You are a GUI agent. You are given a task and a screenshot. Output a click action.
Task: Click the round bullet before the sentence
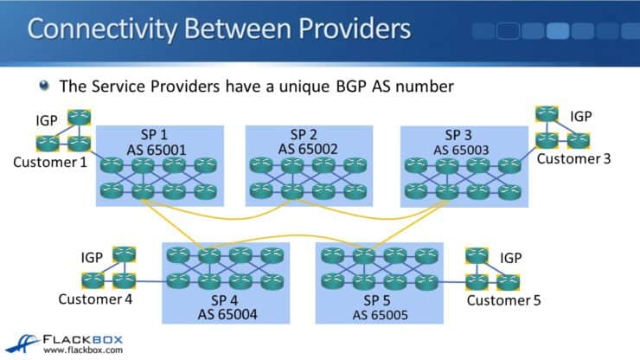click(x=44, y=87)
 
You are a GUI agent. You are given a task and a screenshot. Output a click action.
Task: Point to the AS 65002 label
click(x=309, y=149)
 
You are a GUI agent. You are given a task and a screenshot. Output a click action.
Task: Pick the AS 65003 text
click(x=464, y=149)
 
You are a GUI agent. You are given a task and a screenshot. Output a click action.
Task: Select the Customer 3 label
click(x=573, y=158)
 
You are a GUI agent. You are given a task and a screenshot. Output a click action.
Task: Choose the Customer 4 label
click(x=95, y=299)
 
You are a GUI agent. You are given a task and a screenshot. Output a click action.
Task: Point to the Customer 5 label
click(x=509, y=300)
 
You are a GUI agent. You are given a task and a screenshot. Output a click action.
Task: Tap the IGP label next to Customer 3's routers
click(x=582, y=115)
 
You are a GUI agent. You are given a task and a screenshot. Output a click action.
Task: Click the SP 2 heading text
click(x=309, y=134)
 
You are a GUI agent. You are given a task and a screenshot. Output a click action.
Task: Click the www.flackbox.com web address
click(x=82, y=350)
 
